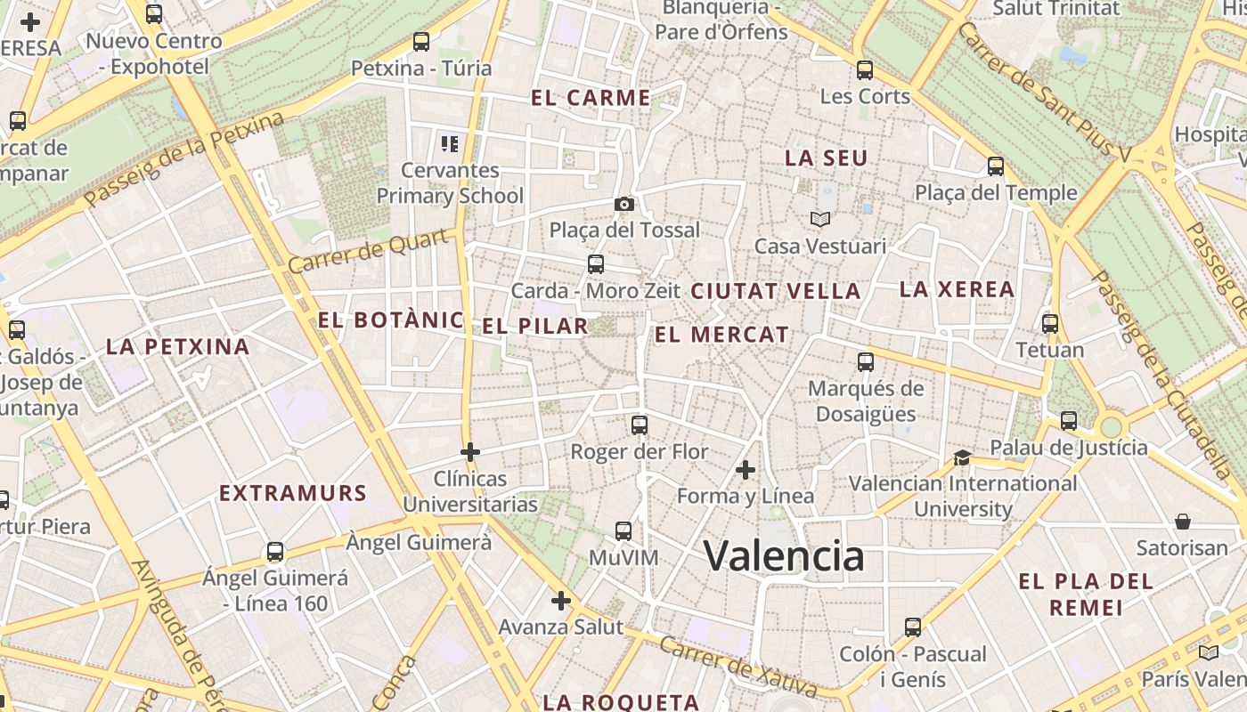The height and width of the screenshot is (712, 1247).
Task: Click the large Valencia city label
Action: pyautogui.click(x=784, y=556)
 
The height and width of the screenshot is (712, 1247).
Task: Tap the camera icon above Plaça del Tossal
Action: pyautogui.click(x=624, y=204)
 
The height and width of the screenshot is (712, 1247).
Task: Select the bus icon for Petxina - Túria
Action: pyautogui.click(x=421, y=42)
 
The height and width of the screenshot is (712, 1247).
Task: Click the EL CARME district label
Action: pyautogui.click(x=591, y=98)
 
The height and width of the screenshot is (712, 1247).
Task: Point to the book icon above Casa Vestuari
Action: pyautogui.click(x=819, y=219)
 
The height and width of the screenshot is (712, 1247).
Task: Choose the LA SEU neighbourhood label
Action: pyautogui.click(x=826, y=158)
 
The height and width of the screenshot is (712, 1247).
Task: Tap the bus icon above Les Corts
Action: pyautogui.click(x=864, y=69)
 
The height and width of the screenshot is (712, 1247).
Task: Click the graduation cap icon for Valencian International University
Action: pyautogui.click(x=962, y=457)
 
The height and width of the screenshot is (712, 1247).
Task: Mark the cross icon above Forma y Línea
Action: pyautogui.click(x=746, y=469)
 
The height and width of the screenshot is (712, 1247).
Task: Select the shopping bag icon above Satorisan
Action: pyautogui.click(x=1182, y=521)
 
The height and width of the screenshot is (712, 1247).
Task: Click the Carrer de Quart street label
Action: pyautogui.click(x=368, y=252)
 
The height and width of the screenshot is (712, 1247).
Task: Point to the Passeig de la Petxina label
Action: pyautogui.click(x=185, y=160)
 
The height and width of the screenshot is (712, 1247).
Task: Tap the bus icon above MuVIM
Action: pyautogui.click(x=623, y=531)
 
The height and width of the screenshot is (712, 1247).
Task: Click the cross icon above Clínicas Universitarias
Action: pyautogui.click(x=470, y=452)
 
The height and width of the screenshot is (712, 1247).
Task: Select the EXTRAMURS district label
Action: pyautogui.click(x=293, y=493)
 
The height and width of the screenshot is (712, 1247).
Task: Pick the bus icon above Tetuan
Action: pyautogui.click(x=1050, y=323)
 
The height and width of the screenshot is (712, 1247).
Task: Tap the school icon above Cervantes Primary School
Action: pyautogui.click(x=450, y=142)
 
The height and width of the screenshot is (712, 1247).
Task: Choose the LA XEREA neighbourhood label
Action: pyautogui.click(x=957, y=289)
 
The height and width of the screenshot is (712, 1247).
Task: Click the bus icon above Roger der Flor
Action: pyautogui.click(x=639, y=425)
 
